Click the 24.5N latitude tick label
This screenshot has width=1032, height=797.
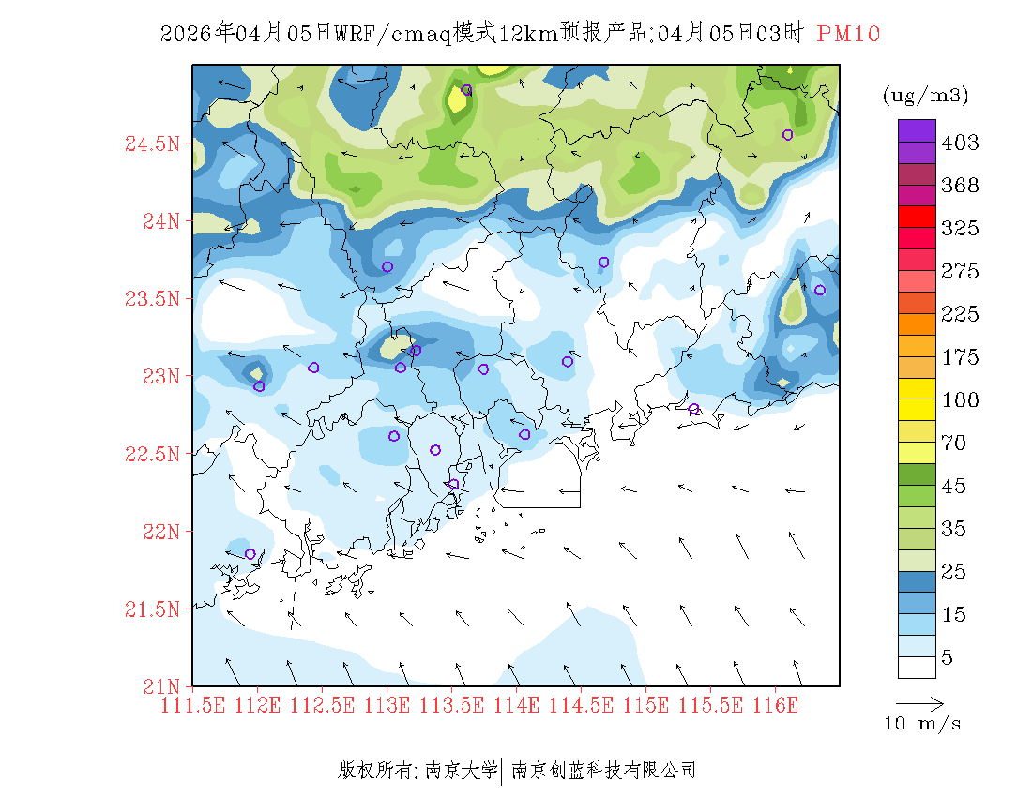tap(151, 144)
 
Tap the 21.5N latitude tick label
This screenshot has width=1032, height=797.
tap(151, 610)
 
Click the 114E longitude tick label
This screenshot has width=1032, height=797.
tap(517, 704)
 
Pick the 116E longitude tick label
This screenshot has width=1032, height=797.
tap(776, 704)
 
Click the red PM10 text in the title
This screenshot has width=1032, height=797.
tap(848, 35)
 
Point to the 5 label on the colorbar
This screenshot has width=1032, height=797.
tap(948, 658)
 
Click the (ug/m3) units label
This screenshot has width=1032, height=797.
tap(925, 96)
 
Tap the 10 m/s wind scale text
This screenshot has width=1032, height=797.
tap(923, 724)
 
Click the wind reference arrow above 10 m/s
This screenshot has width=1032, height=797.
tap(919, 702)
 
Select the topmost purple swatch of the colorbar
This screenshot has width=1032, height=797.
tap(917, 130)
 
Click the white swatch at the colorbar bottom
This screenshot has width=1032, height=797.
tap(917, 667)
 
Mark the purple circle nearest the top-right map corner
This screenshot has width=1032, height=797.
tap(787, 134)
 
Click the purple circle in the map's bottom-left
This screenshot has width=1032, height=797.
tap(250, 554)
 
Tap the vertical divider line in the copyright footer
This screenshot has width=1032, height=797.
tap(504, 771)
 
